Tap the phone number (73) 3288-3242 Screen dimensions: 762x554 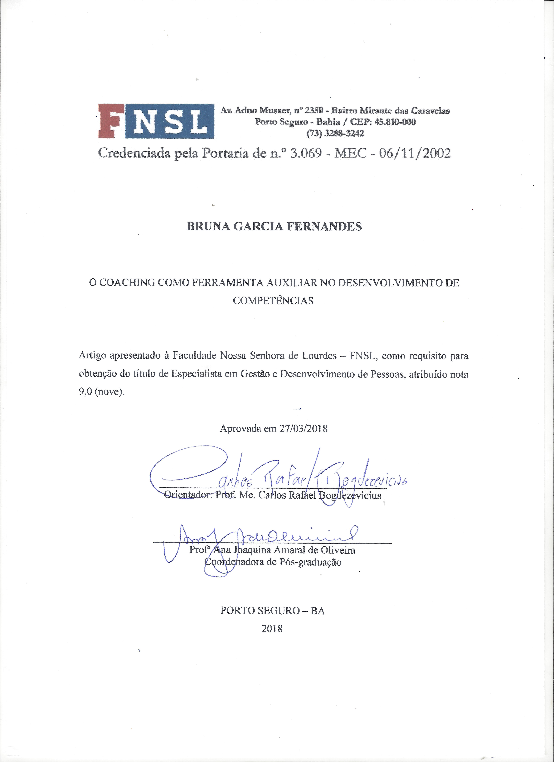click(335, 133)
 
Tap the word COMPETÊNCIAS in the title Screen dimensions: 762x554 click(273, 301)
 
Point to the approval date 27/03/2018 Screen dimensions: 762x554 click(303, 429)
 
